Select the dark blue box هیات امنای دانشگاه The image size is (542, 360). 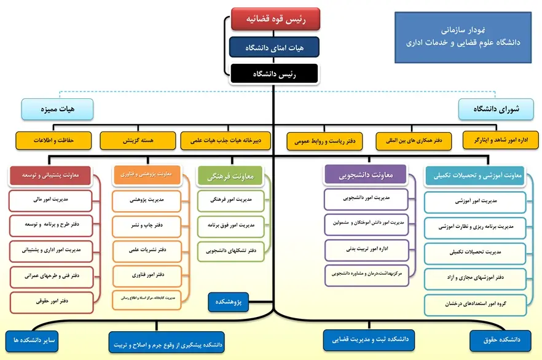click(274, 47)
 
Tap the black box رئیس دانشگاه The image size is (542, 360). click(274, 74)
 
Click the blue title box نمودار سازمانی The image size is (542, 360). click(463, 36)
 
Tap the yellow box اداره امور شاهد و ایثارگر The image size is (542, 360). click(500, 140)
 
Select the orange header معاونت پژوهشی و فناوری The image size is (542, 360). click(147, 175)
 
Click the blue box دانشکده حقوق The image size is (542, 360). click(499, 339)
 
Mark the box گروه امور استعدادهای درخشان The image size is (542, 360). click(475, 304)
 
